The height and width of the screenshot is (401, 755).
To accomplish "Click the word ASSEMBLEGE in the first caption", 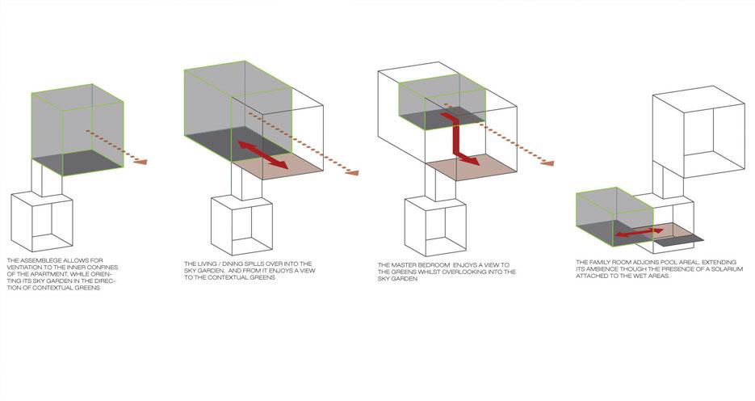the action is (40, 260).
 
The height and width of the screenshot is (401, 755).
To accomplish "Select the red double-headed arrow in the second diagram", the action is (263, 154).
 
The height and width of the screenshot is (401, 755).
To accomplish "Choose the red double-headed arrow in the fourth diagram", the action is (640, 233).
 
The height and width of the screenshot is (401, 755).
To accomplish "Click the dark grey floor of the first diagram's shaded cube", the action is (77, 163).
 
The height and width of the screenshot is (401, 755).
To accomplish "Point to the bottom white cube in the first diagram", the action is (42, 222).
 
